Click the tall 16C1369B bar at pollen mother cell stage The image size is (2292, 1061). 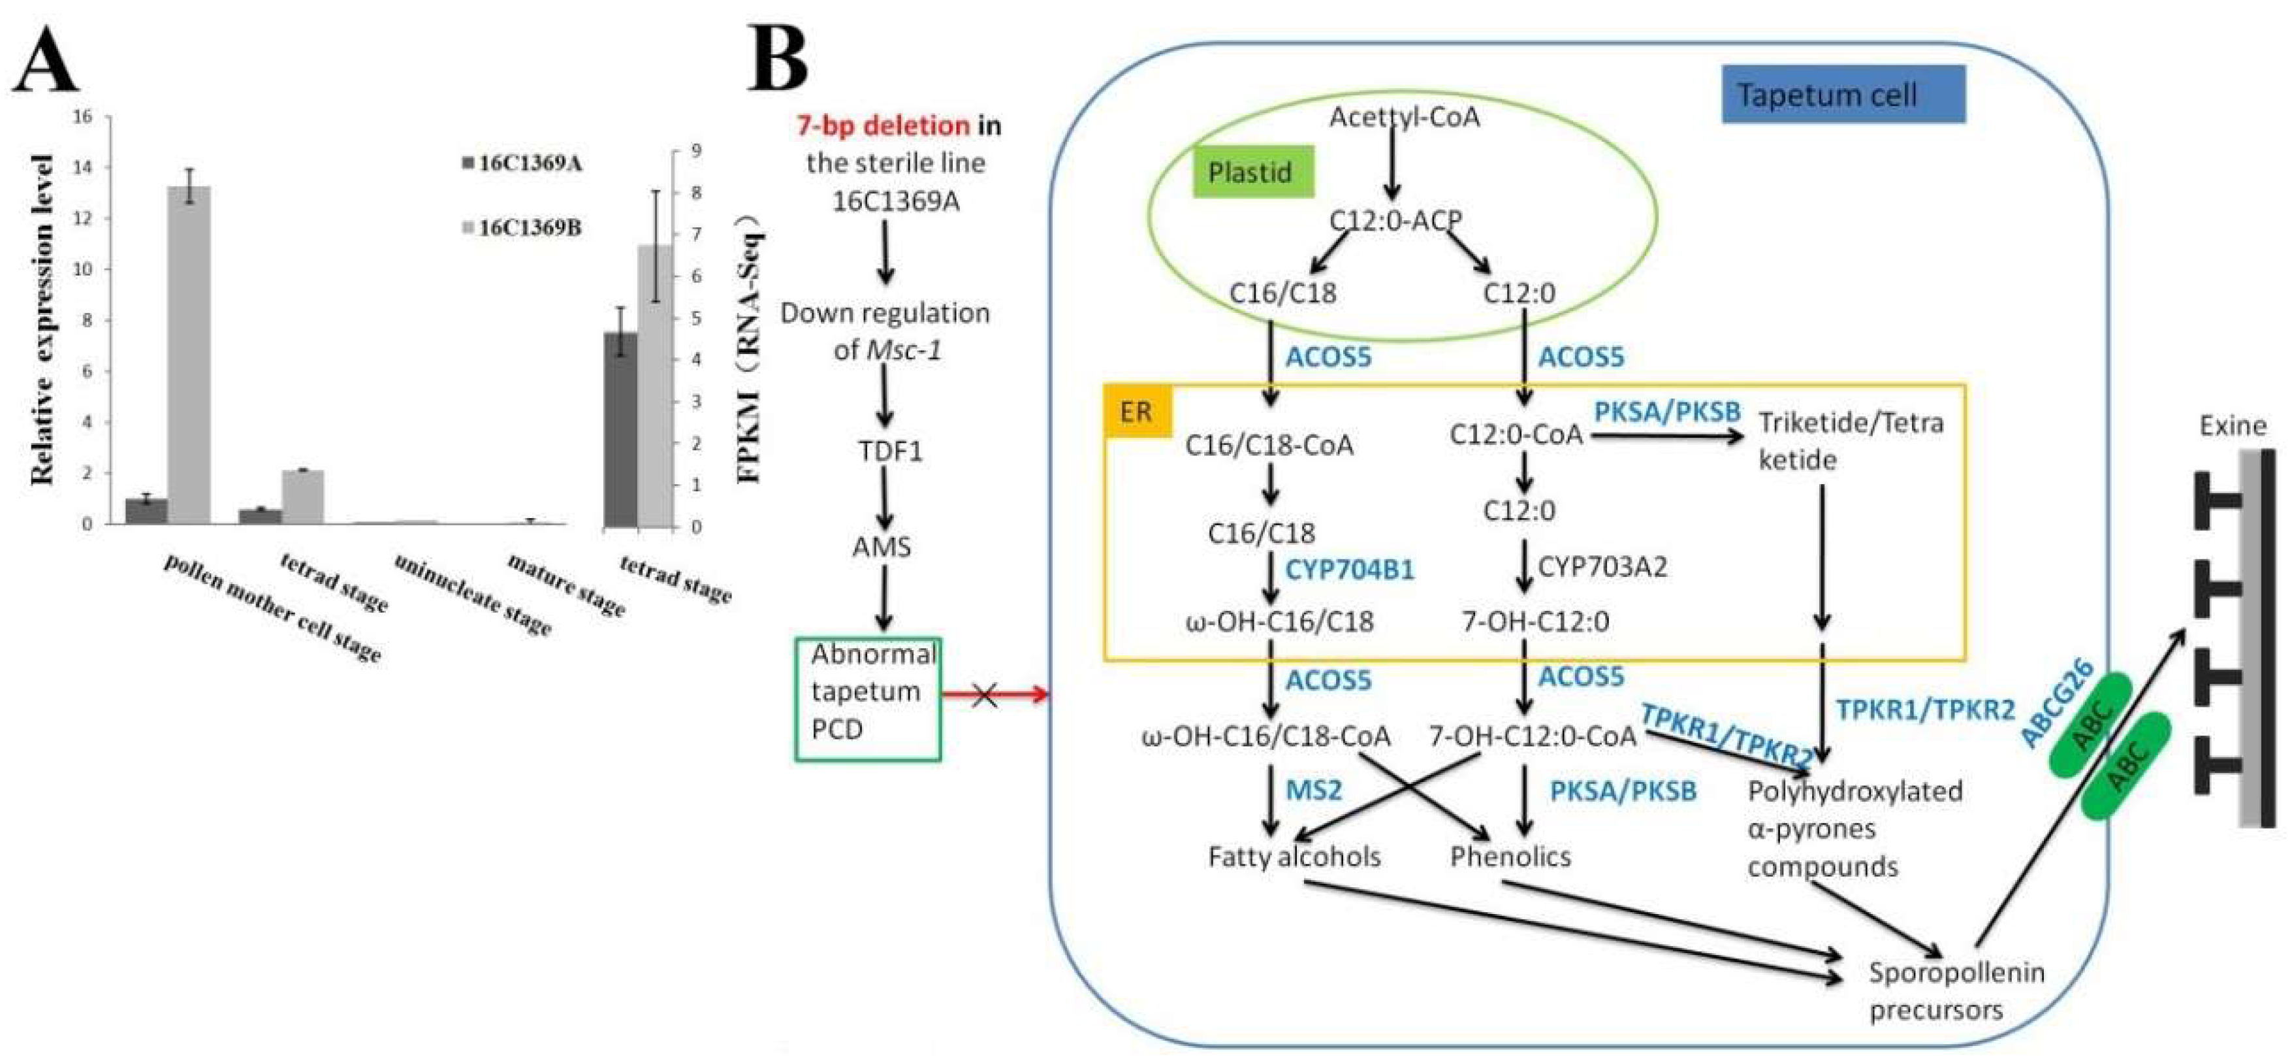(x=189, y=356)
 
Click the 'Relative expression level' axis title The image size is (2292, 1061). (x=42, y=320)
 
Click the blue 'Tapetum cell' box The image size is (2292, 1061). (x=1843, y=94)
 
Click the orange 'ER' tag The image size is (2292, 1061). (x=1136, y=411)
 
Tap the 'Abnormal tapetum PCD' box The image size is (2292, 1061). (x=868, y=698)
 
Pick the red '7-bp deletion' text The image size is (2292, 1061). (x=883, y=125)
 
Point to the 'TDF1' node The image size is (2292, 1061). (x=890, y=451)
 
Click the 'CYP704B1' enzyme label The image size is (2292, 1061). (x=1349, y=570)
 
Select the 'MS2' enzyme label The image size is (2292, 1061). (x=1313, y=789)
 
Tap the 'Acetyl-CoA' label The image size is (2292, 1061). (x=1404, y=116)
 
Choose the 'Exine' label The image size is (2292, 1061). (x=2233, y=425)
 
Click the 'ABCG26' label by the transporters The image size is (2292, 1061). (x=2056, y=703)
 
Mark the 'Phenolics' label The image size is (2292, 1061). (x=1510, y=857)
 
